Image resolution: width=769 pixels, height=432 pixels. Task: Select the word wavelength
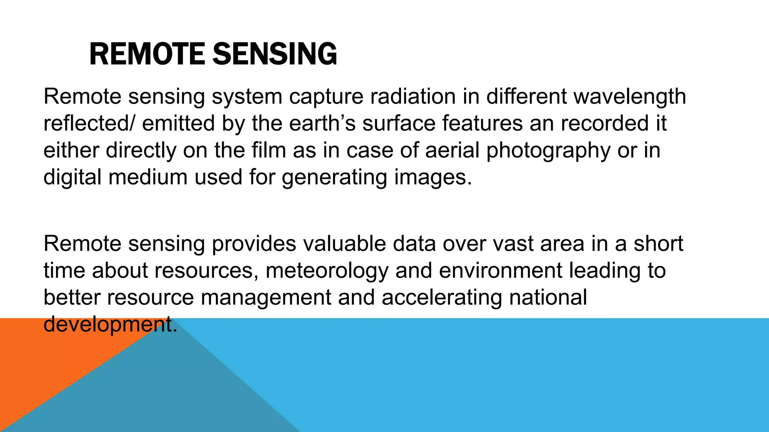(630, 97)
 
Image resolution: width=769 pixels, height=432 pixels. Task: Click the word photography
(549, 151)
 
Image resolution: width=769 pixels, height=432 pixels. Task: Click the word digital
(72, 178)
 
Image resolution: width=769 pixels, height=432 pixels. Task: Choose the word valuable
(344, 244)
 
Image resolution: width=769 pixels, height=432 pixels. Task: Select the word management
(266, 298)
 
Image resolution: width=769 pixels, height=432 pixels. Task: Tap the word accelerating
(442, 298)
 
